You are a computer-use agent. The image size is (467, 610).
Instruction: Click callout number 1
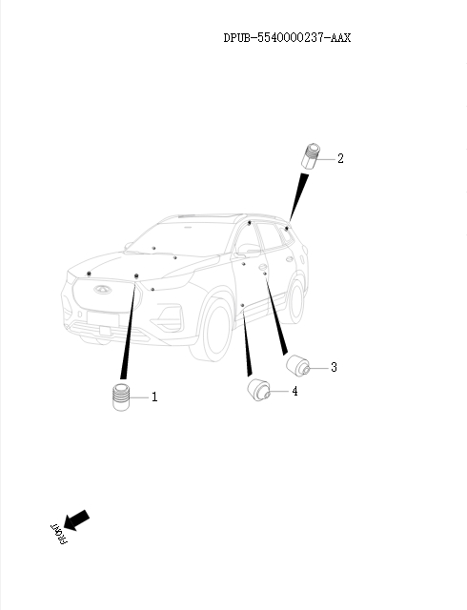coord(154,396)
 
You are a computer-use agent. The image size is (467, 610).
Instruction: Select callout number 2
coord(340,158)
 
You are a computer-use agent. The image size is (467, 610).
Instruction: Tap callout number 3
coord(334,367)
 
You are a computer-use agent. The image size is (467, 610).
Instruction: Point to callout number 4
coord(294,392)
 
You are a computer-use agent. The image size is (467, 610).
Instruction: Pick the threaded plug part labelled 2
coord(310,156)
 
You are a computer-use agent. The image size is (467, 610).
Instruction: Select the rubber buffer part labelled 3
coord(299,366)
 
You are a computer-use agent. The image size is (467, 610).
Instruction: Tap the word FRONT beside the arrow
coord(59,534)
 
